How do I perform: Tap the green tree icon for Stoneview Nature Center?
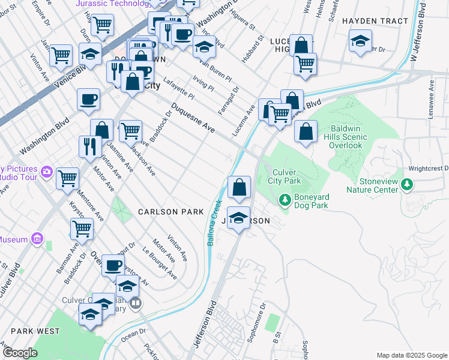coord(408,184)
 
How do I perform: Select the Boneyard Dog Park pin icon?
coord(285,199)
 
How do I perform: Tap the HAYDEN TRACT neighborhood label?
coord(367,21)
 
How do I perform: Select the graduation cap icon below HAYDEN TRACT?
coord(360,42)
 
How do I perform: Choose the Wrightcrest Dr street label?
coord(429,169)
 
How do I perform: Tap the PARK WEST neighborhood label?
coord(35,331)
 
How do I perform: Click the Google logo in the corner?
coord(20,353)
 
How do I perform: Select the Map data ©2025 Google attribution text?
coord(411,355)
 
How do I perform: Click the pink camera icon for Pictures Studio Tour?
coord(47,173)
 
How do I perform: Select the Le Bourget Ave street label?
coord(160,264)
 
